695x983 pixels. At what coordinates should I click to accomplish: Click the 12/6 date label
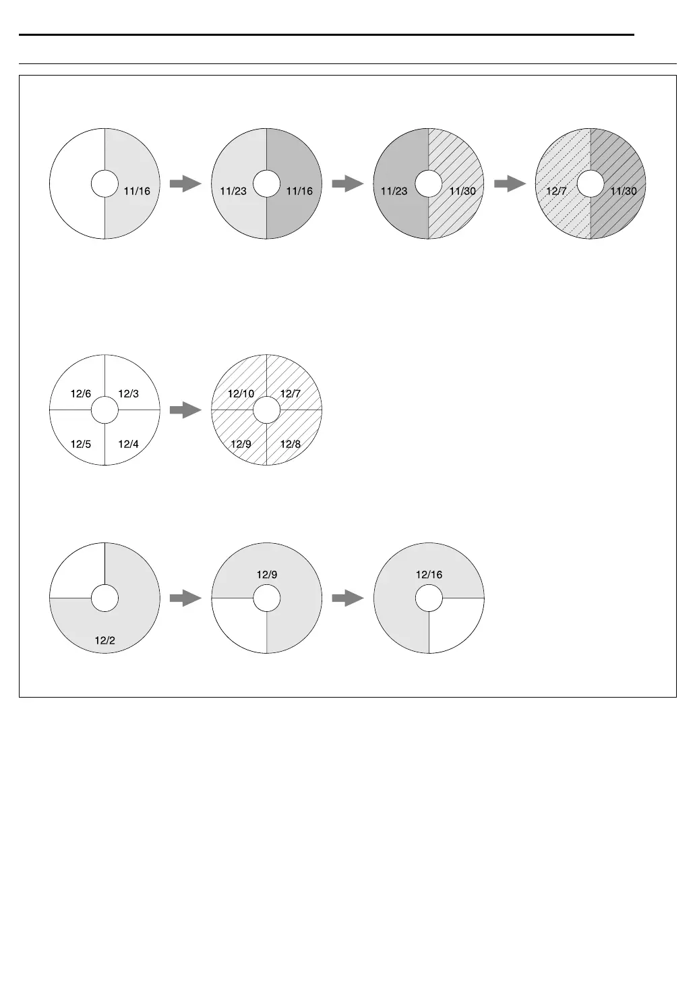tap(81, 393)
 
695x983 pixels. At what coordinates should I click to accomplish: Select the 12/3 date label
tap(128, 393)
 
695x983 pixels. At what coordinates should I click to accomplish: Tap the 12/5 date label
tap(81, 444)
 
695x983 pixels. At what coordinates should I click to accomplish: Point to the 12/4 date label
tap(128, 444)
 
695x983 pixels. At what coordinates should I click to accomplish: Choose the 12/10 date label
tap(241, 393)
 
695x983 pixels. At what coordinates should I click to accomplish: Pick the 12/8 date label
tap(291, 444)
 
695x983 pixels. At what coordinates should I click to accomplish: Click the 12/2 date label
tap(104, 640)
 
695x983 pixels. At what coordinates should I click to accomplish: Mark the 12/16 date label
tap(429, 575)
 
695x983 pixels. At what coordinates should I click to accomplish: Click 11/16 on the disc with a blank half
tap(137, 191)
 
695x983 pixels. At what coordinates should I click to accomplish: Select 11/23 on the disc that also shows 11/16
tap(233, 191)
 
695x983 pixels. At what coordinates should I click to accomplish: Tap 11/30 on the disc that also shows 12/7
tap(624, 191)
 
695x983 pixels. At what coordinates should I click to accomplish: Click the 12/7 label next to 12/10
tap(291, 393)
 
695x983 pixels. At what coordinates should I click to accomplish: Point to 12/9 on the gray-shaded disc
tap(267, 575)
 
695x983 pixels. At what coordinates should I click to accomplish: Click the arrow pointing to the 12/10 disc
tap(185, 410)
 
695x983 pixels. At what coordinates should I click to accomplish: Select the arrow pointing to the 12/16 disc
tap(348, 598)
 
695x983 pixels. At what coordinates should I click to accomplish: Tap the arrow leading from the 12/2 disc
tap(185, 598)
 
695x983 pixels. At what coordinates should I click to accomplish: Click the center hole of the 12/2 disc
tap(104, 598)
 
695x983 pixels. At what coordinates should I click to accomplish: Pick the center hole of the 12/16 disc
tap(429, 598)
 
